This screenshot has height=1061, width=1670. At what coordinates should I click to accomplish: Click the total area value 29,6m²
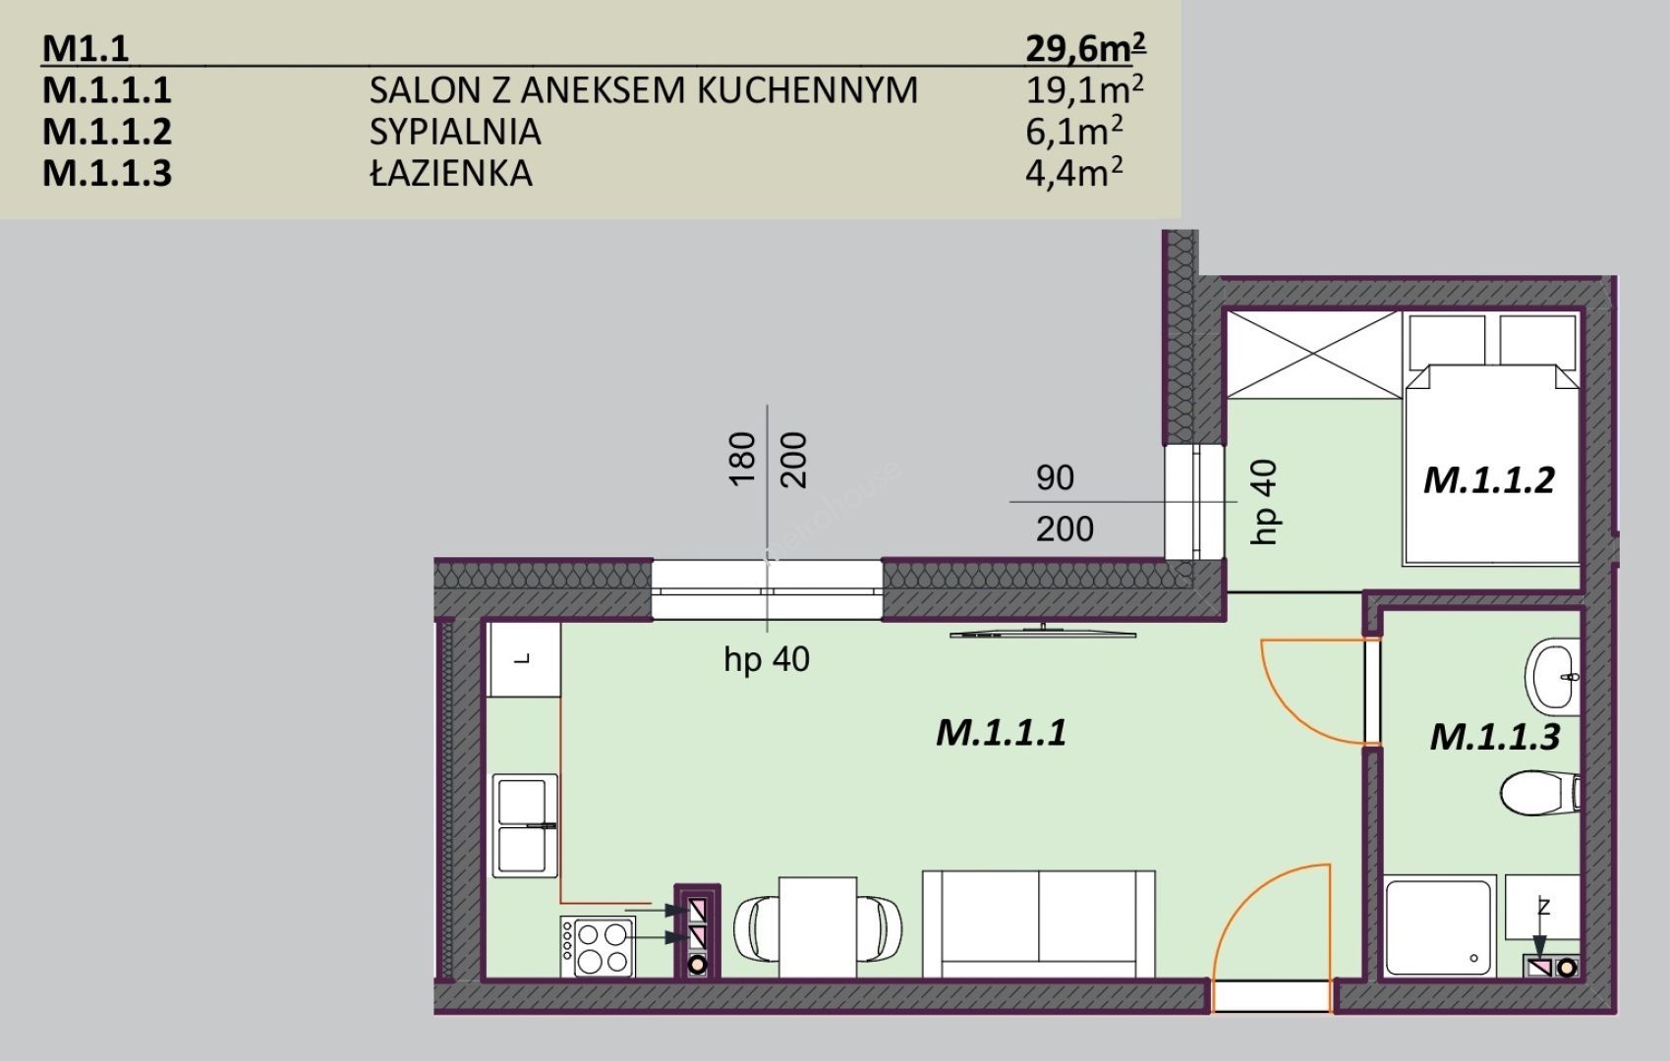(1085, 48)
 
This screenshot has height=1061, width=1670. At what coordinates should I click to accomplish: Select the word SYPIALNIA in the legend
(455, 132)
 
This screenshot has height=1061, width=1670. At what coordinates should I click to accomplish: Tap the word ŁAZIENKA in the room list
(451, 173)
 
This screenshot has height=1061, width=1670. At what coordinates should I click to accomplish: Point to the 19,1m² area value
(1085, 90)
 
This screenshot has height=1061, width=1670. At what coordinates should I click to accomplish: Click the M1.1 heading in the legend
(86, 49)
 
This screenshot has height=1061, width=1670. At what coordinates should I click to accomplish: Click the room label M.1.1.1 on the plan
(1002, 733)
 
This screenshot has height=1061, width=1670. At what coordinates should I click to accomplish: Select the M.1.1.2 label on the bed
(1489, 479)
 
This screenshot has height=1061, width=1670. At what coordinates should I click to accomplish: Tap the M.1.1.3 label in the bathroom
(1495, 737)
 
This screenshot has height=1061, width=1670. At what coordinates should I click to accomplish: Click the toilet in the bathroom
(1539, 793)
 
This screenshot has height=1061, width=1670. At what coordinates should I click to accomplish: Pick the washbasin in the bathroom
(1552, 677)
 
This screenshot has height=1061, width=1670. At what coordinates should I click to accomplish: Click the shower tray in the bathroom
(1440, 926)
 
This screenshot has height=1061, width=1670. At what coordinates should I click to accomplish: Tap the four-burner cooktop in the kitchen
(598, 946)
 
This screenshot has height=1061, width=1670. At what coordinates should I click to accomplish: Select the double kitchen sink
(525, 825)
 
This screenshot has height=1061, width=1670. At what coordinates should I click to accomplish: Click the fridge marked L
(523, 659)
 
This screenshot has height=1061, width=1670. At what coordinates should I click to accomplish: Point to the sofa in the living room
(1039, 923)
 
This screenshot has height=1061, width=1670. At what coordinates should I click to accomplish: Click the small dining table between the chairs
(818, 927)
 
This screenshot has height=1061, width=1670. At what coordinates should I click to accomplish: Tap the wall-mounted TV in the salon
(1043, 632)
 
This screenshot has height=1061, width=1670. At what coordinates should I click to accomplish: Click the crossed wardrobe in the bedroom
(1314, 355)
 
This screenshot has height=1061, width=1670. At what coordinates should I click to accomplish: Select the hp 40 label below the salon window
(767, 660)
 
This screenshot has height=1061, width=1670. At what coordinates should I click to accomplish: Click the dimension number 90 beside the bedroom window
(1055, 477)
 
